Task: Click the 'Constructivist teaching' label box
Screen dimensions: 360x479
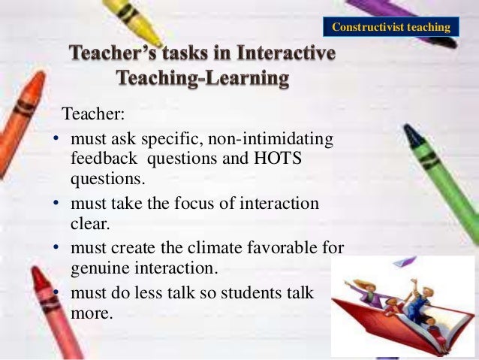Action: point(390,28)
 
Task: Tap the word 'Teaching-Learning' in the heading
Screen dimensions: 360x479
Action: point(202,79)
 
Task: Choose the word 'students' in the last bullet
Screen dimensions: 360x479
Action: point(259,293)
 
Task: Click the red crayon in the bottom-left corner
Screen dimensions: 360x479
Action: point(57,316)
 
